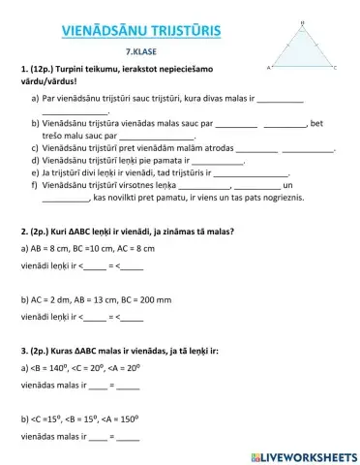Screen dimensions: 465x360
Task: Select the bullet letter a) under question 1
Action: pyautogui.click(x=35, y=99)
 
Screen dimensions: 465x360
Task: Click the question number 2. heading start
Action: pyautogui.click(x=22, y=232)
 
